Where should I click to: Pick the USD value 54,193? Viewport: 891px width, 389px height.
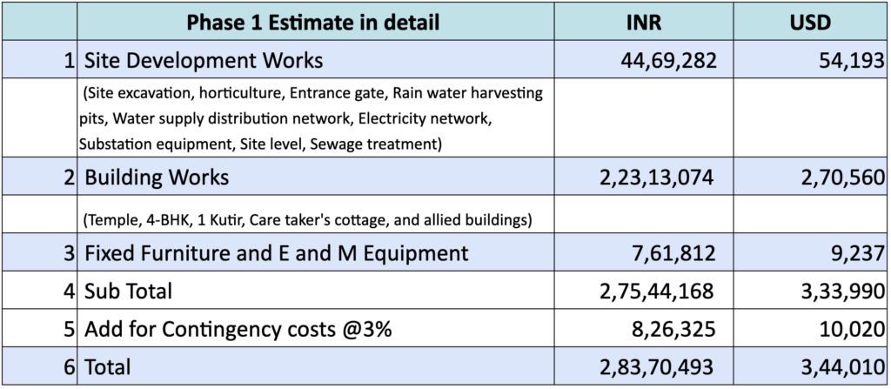(838, 61)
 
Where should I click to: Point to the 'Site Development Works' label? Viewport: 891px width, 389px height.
(203, 61)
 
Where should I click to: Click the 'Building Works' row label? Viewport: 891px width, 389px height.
(157, 178)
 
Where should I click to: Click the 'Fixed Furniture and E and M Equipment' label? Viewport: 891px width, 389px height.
(276, 253)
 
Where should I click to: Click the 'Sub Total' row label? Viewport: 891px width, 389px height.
(128, 291)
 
